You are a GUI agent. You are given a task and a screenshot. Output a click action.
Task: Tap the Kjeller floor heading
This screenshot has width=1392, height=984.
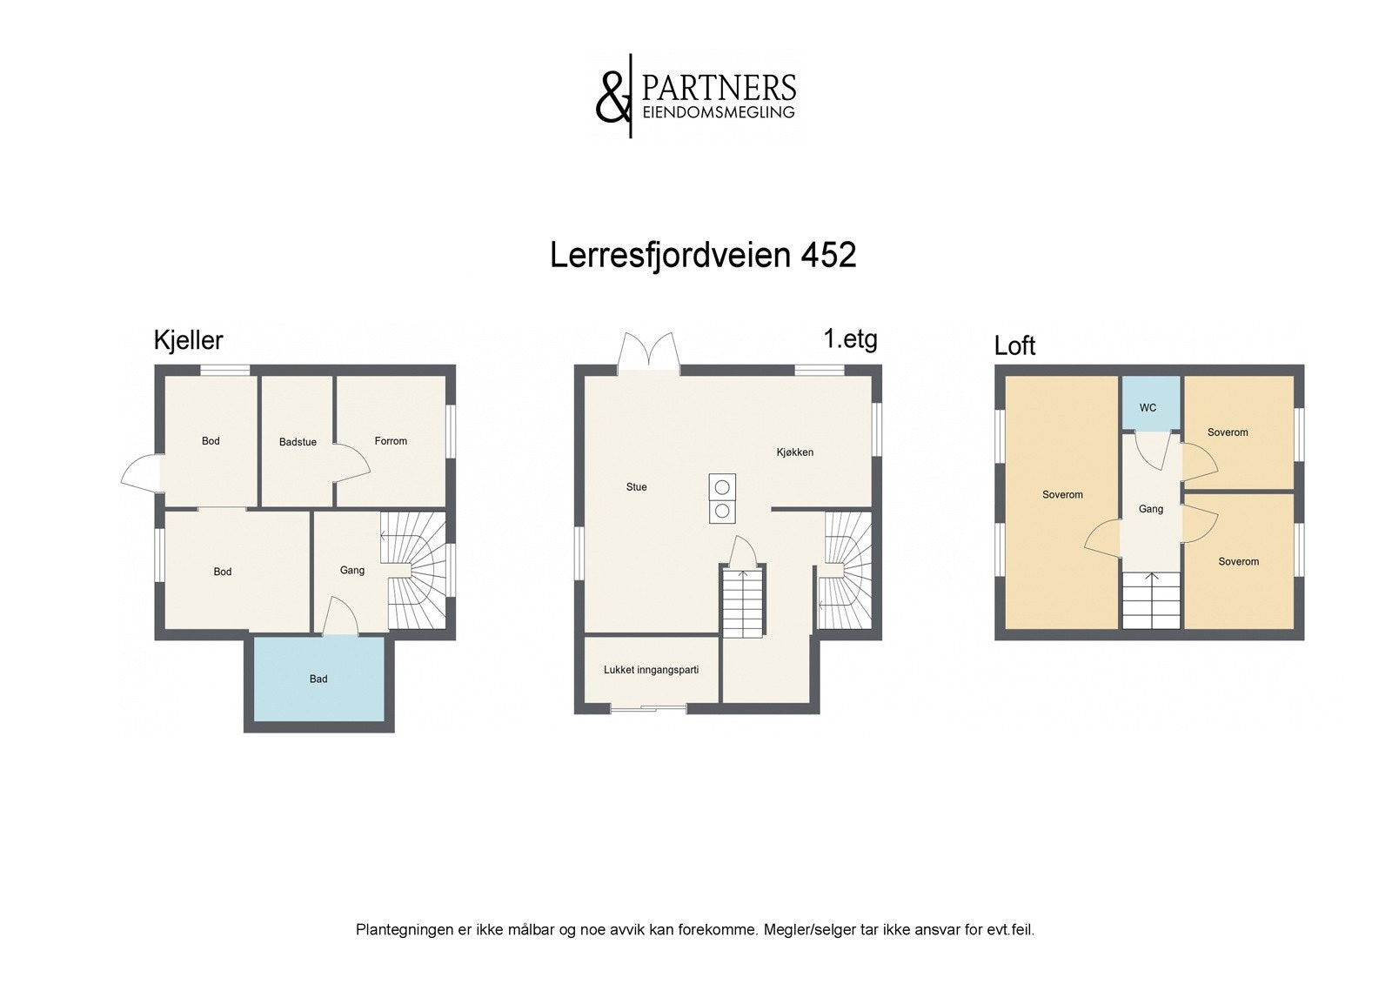[188, 340]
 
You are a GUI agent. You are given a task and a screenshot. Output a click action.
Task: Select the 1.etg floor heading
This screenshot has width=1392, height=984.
[850, 338]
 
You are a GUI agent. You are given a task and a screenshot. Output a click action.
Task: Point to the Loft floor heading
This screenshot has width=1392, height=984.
[1014, 346]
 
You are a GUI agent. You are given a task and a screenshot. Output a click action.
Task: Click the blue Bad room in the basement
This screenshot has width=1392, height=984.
[318, 679]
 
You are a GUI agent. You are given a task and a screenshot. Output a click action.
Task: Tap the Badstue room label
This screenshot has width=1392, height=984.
[298, 442]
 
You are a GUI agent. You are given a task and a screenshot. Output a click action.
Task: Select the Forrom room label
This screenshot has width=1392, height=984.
[391, 441]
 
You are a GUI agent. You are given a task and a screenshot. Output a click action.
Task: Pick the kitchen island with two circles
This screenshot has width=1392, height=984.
[721, 498]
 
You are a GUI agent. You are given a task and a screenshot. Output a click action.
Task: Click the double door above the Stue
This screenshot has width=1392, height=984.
[648, 354]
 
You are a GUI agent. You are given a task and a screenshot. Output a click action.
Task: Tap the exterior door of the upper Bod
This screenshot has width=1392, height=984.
[140, 474]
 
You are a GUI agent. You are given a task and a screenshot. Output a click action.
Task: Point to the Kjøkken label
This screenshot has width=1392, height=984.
[795, 452]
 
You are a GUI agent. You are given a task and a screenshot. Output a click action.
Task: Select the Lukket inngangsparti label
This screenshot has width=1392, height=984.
[651, 670]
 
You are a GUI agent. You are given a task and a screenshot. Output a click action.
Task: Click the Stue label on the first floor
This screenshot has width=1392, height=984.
[636, 487]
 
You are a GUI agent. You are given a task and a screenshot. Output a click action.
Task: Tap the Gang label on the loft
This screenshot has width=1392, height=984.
[1150, 509]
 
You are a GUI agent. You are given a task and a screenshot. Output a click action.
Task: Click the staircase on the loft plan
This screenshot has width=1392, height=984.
[1150, 600]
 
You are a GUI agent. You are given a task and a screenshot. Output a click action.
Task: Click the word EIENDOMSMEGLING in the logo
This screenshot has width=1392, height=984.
[718, 112]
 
